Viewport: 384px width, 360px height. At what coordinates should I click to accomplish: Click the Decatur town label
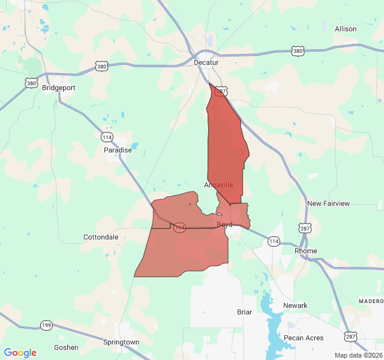(206, 62)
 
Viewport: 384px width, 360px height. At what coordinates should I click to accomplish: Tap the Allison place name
(346, 29)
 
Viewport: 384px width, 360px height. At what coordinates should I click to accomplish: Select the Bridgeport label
(59, 88)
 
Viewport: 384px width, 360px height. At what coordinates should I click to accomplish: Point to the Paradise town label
(118, 150)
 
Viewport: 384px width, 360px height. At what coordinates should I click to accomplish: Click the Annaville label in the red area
(218, 185)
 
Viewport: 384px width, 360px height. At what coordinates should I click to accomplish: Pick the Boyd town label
(224, 224)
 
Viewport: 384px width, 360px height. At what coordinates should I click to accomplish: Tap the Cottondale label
(101, 237)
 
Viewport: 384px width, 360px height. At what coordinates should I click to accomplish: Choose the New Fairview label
(328, 203)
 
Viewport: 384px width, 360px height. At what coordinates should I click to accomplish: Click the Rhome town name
(306, 251)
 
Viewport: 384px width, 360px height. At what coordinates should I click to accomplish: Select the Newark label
(295, 305)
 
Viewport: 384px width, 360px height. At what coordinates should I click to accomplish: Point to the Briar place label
(244, 312)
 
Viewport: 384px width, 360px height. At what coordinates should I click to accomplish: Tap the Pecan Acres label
(304, 338)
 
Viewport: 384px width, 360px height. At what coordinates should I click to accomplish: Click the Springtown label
(121, 342)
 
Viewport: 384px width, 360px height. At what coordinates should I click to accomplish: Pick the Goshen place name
(66, 347)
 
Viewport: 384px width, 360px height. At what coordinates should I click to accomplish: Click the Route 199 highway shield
(46, 325)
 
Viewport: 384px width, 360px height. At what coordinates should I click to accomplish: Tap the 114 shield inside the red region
(179, 227)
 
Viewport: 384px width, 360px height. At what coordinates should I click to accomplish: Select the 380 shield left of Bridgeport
(31, 83)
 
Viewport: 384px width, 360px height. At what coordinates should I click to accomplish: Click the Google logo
(20, 353)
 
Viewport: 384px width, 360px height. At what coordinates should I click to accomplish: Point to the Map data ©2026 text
(358, 355)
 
